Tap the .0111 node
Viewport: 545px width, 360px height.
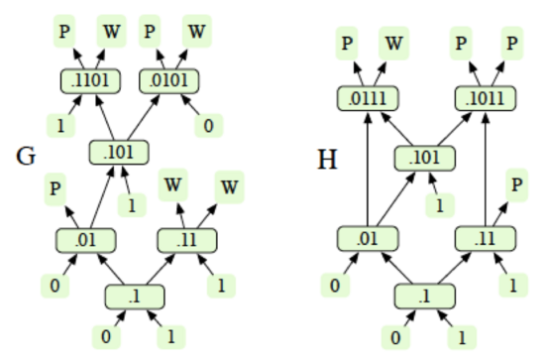(x=369, y=98)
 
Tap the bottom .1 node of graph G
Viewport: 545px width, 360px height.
(x=134, y=297)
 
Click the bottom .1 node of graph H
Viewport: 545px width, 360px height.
(x=425, y=297)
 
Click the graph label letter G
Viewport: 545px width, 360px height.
(x=27, y=157)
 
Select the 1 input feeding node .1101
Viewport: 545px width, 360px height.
(x=60, y=126)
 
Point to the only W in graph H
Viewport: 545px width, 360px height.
(x=394, y=43)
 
